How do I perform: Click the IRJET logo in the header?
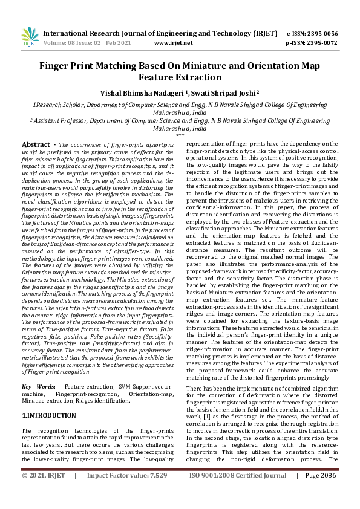coord(27,37)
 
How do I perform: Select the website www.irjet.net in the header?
coord(173,43)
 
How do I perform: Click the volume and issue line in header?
coord(88,43)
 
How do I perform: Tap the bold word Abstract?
coord(35,145)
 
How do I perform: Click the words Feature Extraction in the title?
coord(180,77)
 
